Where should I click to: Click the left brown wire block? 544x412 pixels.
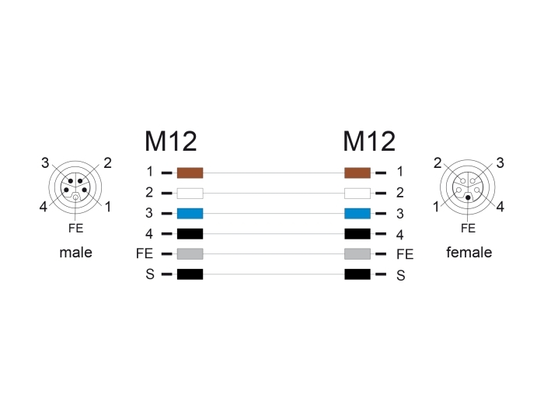click(190, 173)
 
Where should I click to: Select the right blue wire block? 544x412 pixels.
click(357, 214)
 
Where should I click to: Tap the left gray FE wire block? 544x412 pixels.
click(190, 253)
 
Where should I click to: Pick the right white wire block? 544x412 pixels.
click(357, 193)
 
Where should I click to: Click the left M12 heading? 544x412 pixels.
click(171, 141)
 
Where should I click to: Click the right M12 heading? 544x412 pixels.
click(369, 141)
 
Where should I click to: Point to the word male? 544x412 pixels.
click(75, 253)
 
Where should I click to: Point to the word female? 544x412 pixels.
click(469, 253)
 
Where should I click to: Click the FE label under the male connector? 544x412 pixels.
click(75, 228)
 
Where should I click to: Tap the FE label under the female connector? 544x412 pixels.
click(468, 228)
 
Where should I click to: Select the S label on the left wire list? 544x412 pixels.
click(150, 274)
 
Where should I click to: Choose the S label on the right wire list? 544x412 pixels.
click(401, 275)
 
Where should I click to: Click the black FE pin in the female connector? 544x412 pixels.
click(468, 197)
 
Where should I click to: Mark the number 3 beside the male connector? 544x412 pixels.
click(45, 162)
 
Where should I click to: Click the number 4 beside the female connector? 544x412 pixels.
click(500, 207)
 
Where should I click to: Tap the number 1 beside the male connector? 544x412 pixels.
click(108, 207)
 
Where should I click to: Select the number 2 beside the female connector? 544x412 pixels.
click(438, 162)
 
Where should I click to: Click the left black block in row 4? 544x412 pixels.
click(190, 233)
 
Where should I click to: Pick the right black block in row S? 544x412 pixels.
click(357, 274)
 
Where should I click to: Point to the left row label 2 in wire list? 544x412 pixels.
click(149, 192)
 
